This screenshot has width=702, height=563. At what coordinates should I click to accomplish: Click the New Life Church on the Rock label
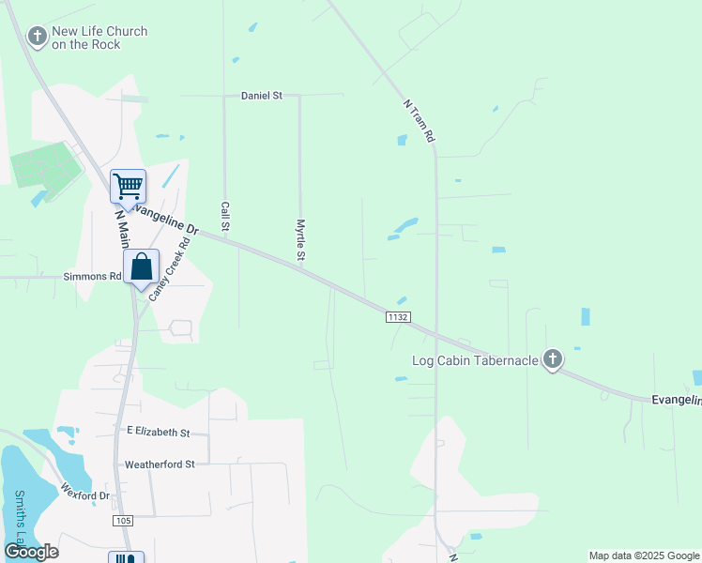[x=99, y=38]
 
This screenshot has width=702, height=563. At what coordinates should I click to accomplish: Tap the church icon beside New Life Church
[x=38, y=37]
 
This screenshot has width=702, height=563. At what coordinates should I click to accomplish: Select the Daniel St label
[x=262, y=96]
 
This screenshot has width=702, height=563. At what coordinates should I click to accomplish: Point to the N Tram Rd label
[x=420, y=121]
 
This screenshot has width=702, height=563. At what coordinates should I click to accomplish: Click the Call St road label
[x=225, y=216]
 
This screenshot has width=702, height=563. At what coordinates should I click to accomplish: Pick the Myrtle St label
[x=301, y=240]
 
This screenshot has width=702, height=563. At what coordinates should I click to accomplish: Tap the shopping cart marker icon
[x=128, y=185]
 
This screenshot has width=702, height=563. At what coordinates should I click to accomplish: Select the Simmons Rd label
[x=92, y=277]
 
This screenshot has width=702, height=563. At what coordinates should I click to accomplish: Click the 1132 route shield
[x=397, y=318]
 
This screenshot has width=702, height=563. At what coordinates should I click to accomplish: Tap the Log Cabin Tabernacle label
[x=475, y=360]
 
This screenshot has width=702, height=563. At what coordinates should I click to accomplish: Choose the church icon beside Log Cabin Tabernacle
[x=553, y=358]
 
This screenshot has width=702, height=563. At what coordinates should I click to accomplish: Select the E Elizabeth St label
[x=159, y=433]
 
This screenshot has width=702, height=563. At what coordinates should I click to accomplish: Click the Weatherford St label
[x=160, y=464]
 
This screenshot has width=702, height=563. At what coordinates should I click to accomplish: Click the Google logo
[x=32, y=552]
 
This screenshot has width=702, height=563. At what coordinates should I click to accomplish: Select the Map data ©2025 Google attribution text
[x=644, y=555]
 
